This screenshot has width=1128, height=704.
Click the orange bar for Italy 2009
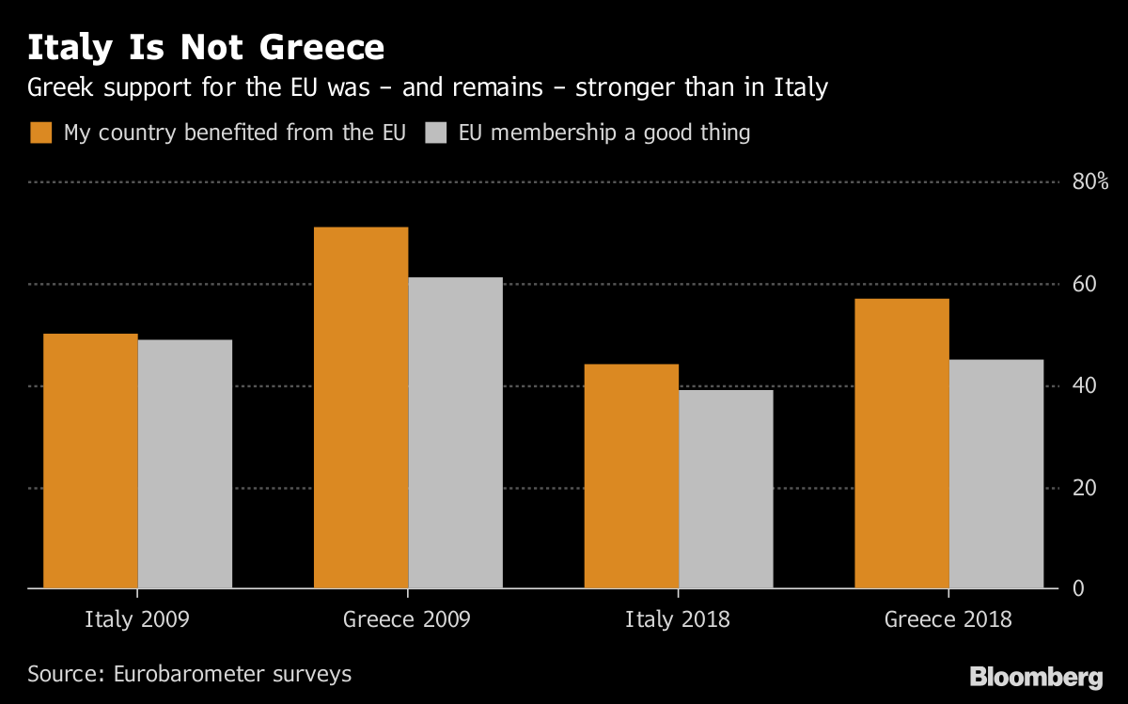coord(90,461)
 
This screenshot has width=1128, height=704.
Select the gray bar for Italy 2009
coord(185,463)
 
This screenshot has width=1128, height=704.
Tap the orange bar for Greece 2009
coord(361,407)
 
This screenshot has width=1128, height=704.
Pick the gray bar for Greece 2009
coord(456,432)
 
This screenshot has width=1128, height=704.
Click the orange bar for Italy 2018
coord(632,476)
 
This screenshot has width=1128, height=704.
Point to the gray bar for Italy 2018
coord(726,489)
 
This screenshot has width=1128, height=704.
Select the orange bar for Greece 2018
coord(901,443)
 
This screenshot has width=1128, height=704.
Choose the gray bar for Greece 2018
coord(996,474)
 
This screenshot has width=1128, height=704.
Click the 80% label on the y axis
coord(1090,181)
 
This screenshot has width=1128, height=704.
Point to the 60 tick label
coord(1085,284)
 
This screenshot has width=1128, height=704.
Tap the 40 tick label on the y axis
coord(1085,386)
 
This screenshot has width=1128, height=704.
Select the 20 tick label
coord(1085,488)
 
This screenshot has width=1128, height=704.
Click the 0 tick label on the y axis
coord(1078,588)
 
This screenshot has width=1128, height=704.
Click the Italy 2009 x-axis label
coord(137,619)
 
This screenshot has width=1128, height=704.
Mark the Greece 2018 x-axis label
coord(948,619)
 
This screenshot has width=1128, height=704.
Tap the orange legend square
coord(41,133)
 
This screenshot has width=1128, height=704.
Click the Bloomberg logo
coord(1036,677)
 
